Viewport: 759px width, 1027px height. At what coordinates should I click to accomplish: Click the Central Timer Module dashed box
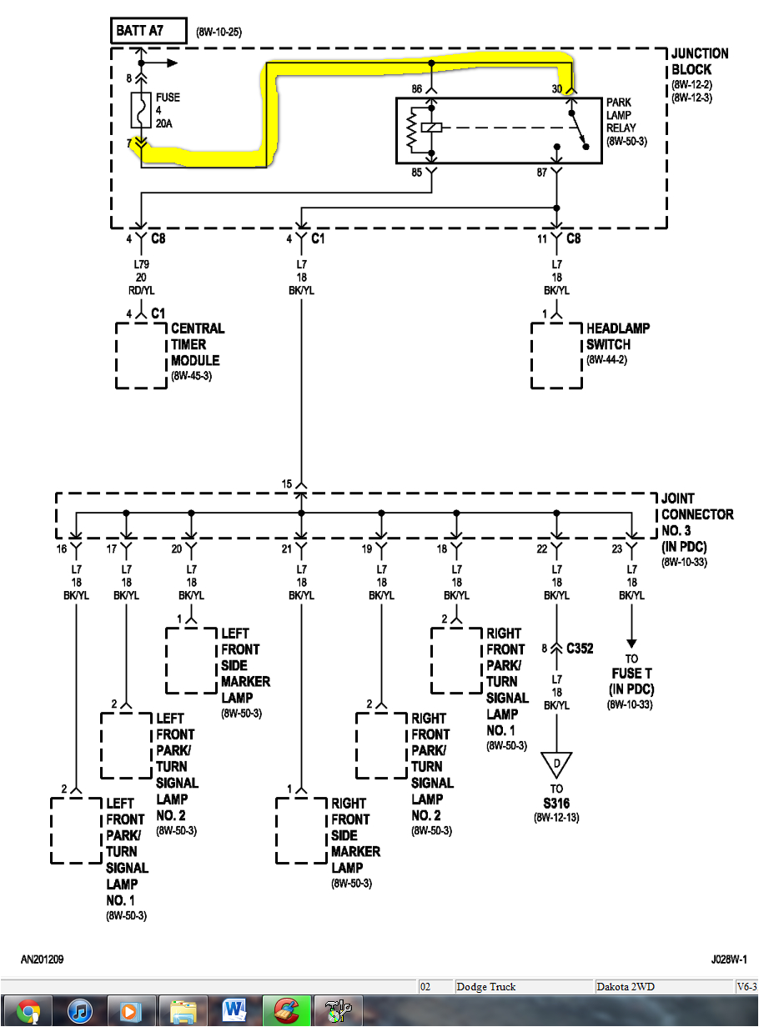(141, 355)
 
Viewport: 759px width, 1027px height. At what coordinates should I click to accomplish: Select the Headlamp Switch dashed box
(556, 355)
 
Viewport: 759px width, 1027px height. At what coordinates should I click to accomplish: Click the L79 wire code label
(140, 263)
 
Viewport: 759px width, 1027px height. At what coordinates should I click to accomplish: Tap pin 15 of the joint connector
(288, 483)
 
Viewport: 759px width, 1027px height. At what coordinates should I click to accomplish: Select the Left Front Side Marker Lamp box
(191, 661)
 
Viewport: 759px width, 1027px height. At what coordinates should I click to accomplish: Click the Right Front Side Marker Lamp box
(301, 830)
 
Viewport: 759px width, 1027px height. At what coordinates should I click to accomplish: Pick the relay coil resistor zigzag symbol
(410, 130)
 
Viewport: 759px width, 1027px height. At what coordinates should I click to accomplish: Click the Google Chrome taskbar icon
(28, 1012)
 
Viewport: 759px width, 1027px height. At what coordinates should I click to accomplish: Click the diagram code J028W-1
(729, 959)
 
